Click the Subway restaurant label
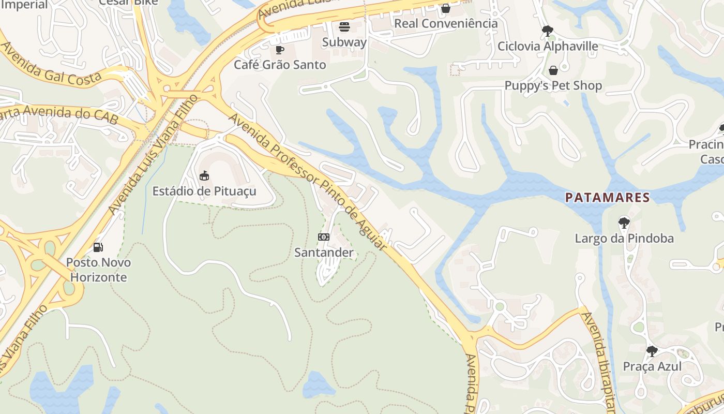tap(344, 42)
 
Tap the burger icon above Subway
tap(344, 27)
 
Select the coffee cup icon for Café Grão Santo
tap(280, 50)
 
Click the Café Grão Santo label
tap(280, 65)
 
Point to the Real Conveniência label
tap(446, 23)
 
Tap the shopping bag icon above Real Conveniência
tap(446, 8)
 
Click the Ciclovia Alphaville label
tap(548, 46)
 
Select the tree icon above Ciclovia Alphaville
tap(548, 31)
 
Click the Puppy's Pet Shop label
tap(553, 85)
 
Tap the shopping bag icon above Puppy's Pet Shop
tap(553, 70)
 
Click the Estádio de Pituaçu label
tap(204, 191)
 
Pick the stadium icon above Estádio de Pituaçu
tap(204, 176)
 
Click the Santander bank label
tap(324, 253)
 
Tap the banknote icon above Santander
tap(324, 237)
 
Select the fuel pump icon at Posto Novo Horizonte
tap(98, 247)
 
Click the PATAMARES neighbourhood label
tap(607, 197)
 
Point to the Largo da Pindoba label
tap(624, 238)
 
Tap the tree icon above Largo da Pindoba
tap(624, 223)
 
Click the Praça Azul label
tap(652, 366)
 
